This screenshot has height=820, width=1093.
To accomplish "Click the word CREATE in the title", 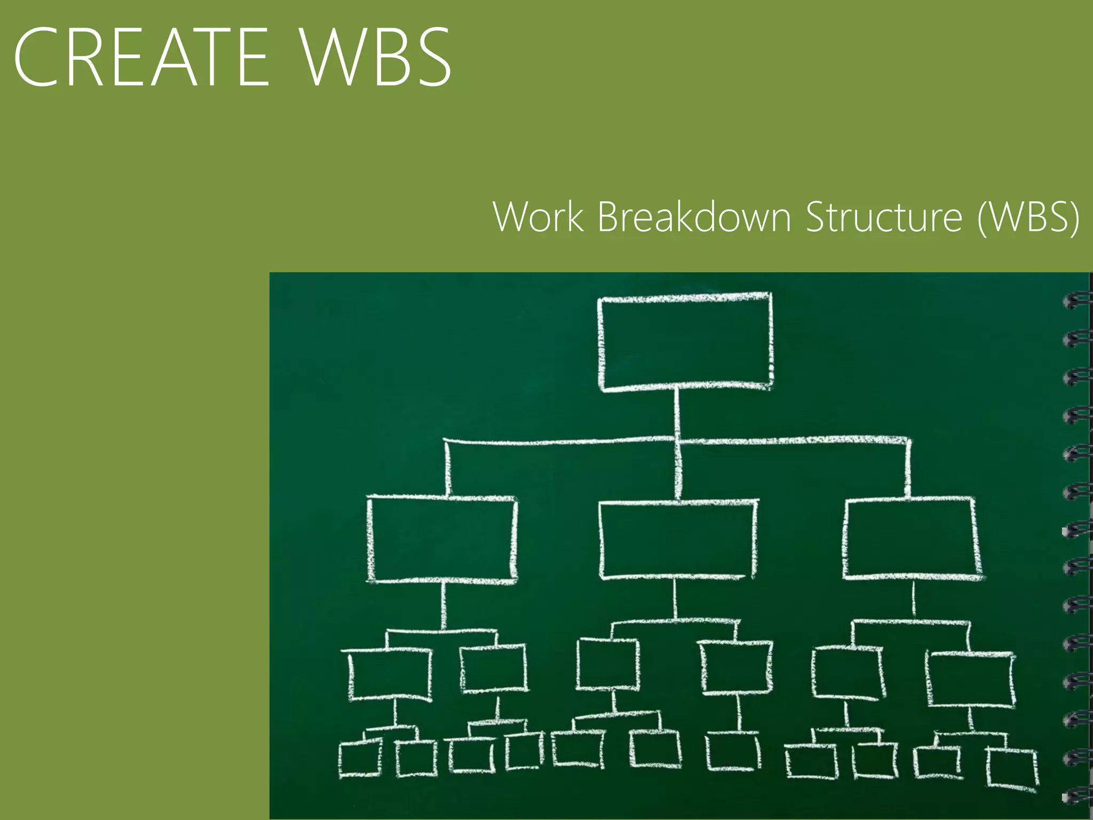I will [141, 57].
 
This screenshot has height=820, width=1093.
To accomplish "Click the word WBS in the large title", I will [376, 57].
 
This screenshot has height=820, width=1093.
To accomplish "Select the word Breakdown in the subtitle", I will [694, 217].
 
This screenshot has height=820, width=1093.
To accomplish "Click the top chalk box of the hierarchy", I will [685, 342].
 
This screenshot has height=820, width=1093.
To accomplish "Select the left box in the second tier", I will [442, 539].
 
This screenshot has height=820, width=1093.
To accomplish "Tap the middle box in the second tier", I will [678, 539].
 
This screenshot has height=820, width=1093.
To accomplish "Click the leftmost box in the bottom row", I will [360, 758].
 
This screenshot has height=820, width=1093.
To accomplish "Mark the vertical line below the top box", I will [677, 414].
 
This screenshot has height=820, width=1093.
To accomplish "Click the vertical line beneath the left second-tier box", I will [443, 605].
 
